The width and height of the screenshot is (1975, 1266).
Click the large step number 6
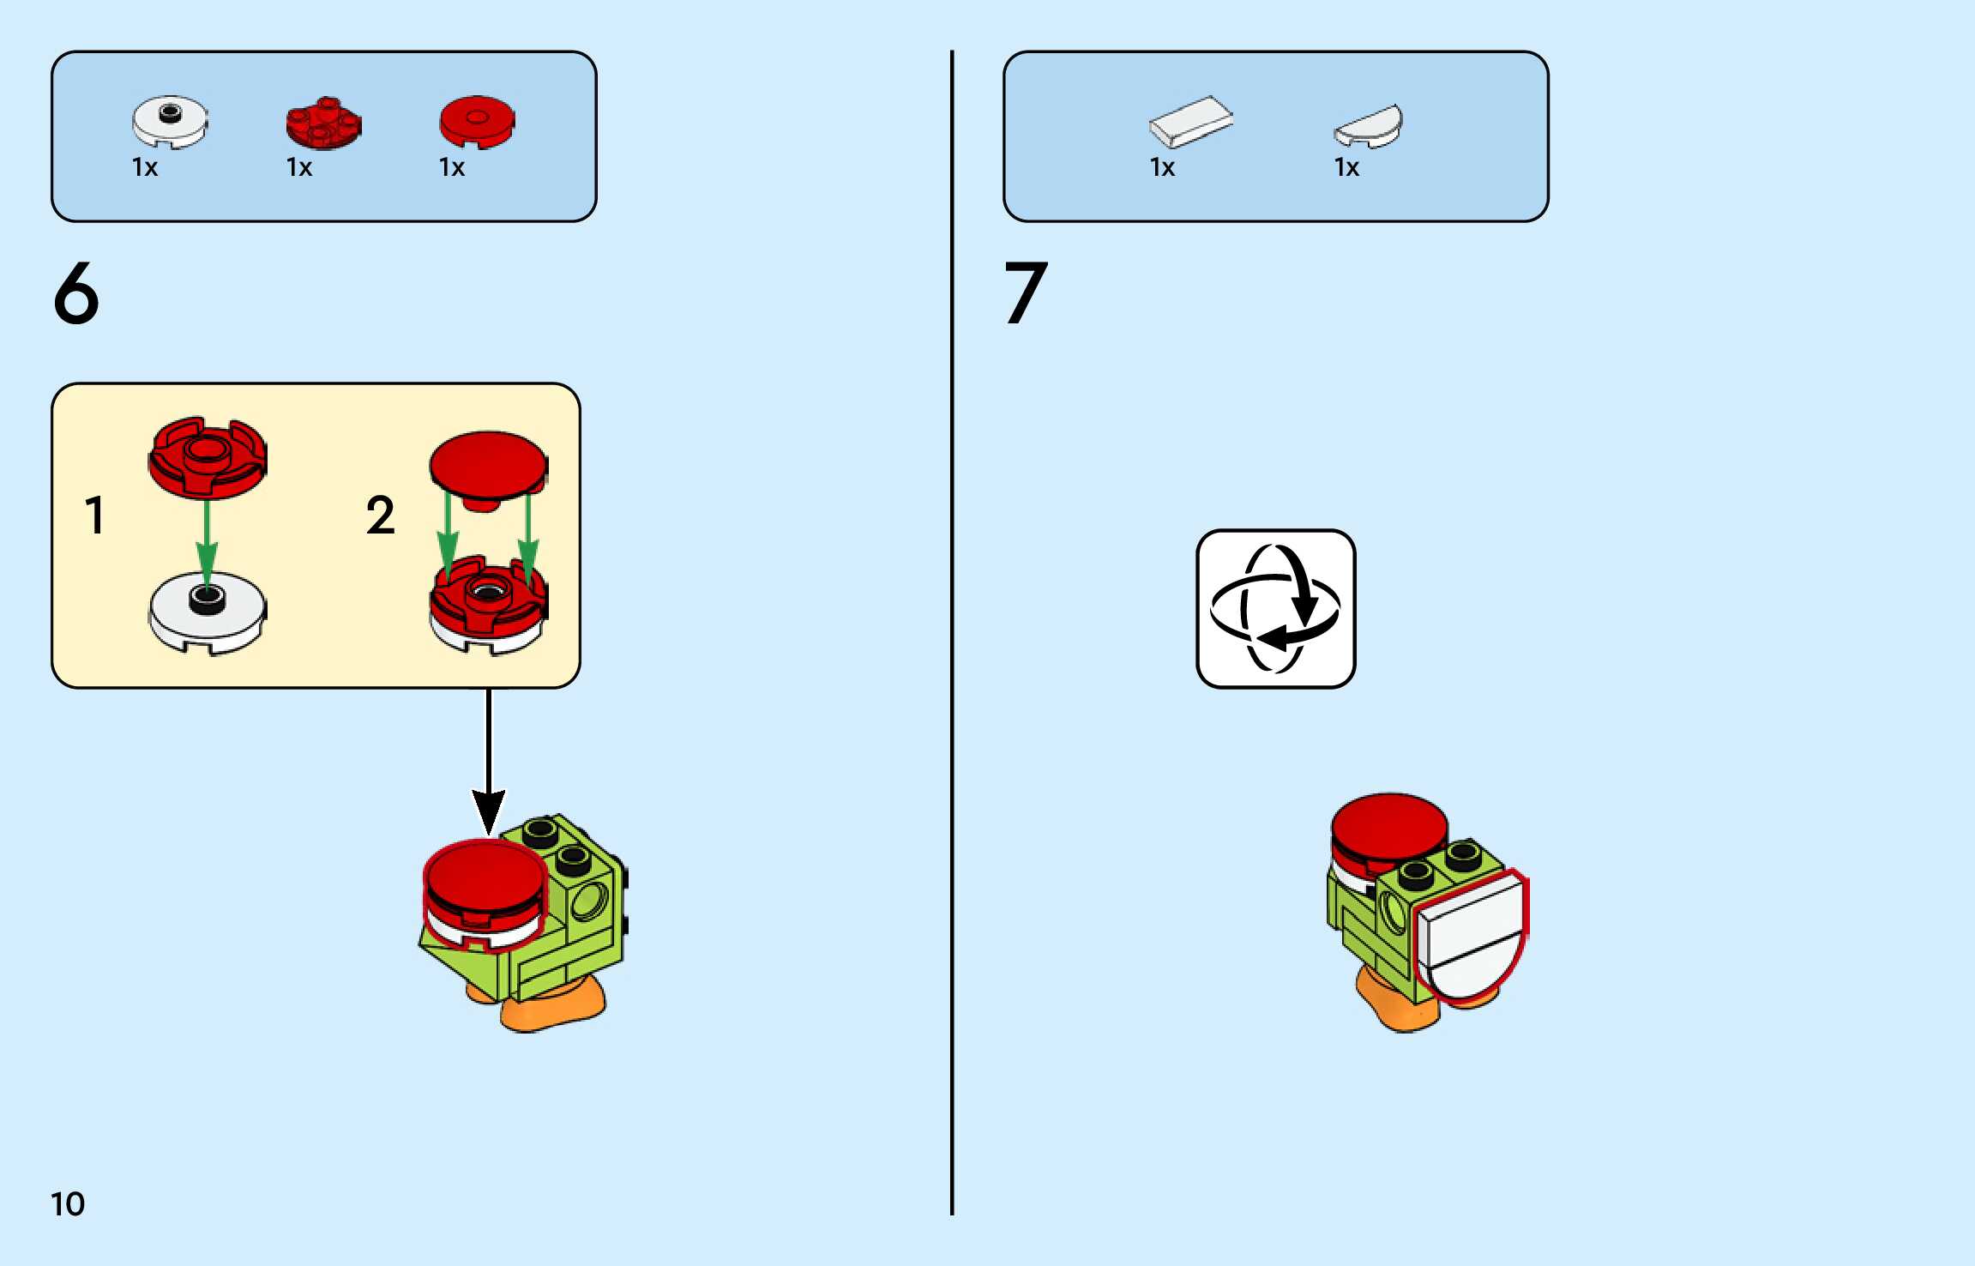pyautogui.click(x=76, y=293)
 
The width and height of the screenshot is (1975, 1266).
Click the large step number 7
pyautogui.click(x=1026, y=293)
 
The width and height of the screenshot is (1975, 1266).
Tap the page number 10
pyautogui.click(x=68, y=1204)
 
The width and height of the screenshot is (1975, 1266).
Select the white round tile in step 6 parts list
pyautogui.click(x=170, y=121)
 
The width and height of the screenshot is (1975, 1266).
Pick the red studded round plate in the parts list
pyautogui.click(x=323, y=123)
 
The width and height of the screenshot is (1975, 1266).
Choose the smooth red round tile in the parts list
pyautogui.click(x=477, y=120)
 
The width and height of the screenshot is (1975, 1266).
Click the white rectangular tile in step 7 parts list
pyautogui.click(x=1190, y=121)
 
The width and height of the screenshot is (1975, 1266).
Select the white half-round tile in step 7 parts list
pyautogui.click(x=1370, y=126)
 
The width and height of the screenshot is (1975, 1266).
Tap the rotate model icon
pyautogui.click(x=1275, y=608)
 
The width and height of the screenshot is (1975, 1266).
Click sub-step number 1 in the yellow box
pyautogui.click(x=94, y=515)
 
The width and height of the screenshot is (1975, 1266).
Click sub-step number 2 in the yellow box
pyautogui.click(x=380, y=515)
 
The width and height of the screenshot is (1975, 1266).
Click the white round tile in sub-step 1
pyautogui.click(x=207, y=612)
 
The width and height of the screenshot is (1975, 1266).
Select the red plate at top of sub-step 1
pyautogui.click(x=207, y=456)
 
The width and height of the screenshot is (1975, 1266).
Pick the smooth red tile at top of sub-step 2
pyautogui.click(x=488, y=465)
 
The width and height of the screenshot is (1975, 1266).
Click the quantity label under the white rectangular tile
pyautogui.click(x=1162, y=167)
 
